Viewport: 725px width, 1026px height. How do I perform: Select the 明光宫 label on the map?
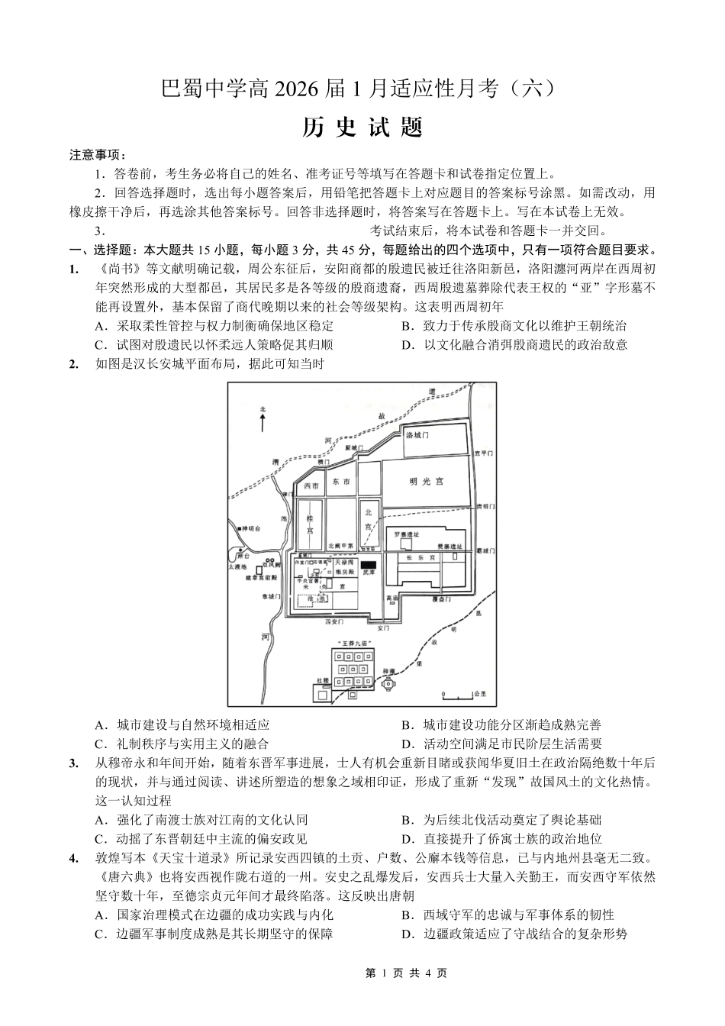coord(426,481)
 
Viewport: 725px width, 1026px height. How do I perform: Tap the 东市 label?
coord(341,482)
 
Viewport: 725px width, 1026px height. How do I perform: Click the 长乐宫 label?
coord(420,558)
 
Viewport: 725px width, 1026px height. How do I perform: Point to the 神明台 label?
coord(250,528)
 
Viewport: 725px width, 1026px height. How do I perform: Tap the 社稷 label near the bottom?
coord(323,679)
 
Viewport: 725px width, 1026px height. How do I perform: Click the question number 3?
coord(74,763)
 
